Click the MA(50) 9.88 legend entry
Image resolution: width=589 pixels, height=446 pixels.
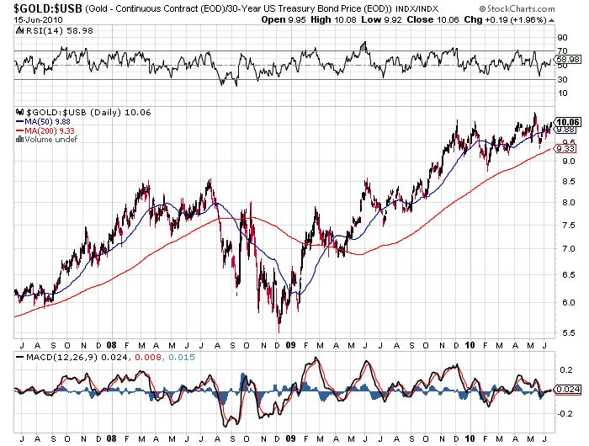pyautogui.click(x=49, y=121)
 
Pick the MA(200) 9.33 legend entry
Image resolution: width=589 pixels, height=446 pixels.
pyautogui.click(x=50, y=130)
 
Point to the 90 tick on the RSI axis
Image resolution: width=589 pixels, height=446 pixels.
pyautogui.click(x=562, y=38)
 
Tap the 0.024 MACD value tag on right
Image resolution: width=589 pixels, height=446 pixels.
pyautogui.click(x=566, y=390)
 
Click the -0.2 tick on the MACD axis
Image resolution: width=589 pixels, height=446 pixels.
pyautogui.click(x=565, y=414)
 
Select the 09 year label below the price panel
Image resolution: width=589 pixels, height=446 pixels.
pyautogui.click(x=290, y=344)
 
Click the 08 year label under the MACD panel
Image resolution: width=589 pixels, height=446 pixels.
pyautogui.click(x=111, y=438)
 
